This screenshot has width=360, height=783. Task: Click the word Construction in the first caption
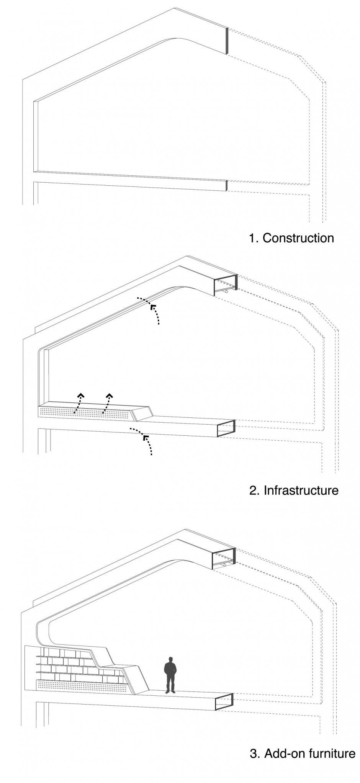pos(298,238)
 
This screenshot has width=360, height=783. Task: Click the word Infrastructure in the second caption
pos(301,490)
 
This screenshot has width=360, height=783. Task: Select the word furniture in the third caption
pos(330,743)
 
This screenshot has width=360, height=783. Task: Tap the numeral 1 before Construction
pos(251,238)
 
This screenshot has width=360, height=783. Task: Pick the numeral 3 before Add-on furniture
pos(253,743)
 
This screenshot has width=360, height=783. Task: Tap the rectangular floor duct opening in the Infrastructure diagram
pos(226,428)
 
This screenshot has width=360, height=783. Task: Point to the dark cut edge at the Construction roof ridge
pos(227,41)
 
